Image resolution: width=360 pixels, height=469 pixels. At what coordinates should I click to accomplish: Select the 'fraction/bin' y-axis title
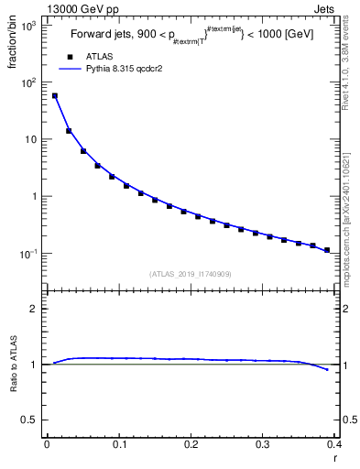pyautogui.click(x=13, y=42)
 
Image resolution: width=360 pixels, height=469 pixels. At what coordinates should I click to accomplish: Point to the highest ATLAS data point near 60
pyautogui.click(x=54, y=95)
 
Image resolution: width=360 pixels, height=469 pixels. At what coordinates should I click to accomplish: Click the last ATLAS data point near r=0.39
pyautogui.click(x=327, y=250)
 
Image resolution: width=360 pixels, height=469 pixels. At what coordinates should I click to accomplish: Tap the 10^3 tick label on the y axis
pyautogui.click(x=30, y=26)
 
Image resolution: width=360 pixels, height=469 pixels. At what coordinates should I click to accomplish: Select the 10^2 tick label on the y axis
pyautogui.click(x=30, y=82)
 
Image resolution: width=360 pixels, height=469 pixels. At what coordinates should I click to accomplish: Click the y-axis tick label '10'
pyautogui.click(x=32, y=140)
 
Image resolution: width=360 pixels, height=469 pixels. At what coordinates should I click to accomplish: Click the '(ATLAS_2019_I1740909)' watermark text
pyautogui.click(x=190, y=273)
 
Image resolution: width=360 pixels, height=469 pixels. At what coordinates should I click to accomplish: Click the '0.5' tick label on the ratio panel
pyautogui.click(x=32, y=420)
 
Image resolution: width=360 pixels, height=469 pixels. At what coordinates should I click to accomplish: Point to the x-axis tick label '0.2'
pyautogui.click(x=191, y=444)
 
